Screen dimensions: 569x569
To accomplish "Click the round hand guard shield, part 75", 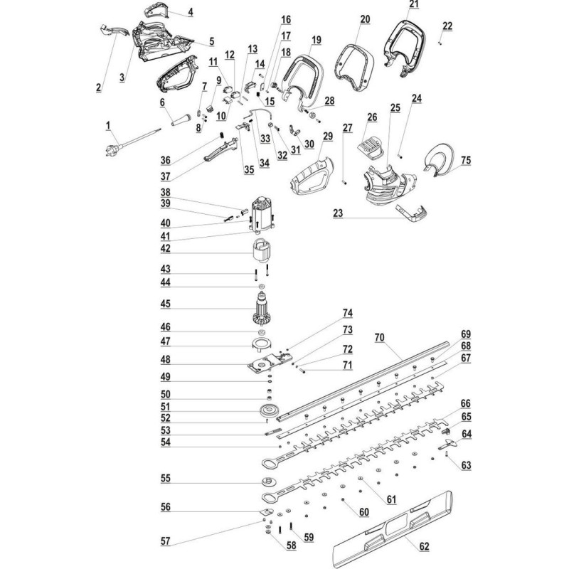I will [x=441, y=158].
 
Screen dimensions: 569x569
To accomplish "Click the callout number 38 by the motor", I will [x=166, y=192].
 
